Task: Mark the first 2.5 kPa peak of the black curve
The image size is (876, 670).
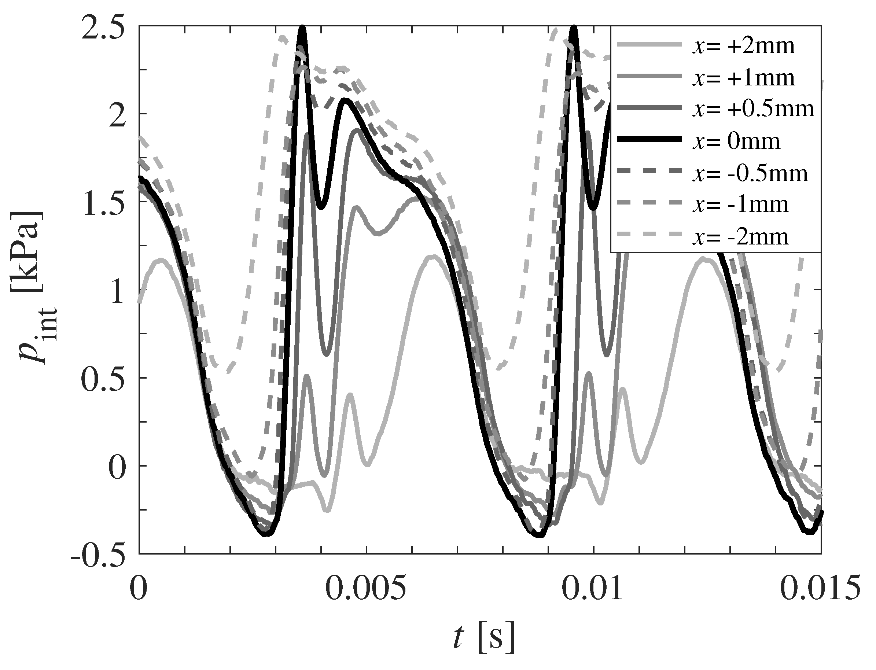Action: (303, 28)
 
